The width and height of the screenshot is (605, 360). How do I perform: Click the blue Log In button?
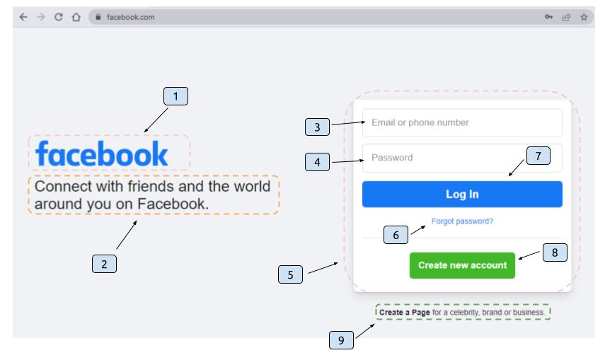tap(462, 194)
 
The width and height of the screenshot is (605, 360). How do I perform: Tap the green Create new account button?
tap(462, 265)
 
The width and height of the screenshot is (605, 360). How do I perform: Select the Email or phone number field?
tap(462, 122)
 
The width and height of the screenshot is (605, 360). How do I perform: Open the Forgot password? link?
tap(462, 221)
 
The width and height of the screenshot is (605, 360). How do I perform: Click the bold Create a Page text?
tap(404, 312)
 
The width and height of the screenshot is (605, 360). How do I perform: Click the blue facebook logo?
tap(101, 153)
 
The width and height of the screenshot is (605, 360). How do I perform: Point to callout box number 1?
tap(175, 96)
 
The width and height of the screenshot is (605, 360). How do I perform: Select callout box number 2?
tap(104, 264)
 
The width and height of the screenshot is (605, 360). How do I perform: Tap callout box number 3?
tap(317, 127)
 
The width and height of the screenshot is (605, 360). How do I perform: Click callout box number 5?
tap(290, 274)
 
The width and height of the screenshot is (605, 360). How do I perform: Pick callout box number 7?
tap(538, 156)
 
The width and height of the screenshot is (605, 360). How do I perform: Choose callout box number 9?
tap(341, 340)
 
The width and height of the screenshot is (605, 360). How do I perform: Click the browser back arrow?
tap(23, 17)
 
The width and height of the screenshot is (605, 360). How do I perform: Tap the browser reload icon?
tap(58, 17)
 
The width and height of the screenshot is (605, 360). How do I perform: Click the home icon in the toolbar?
tap(76, 17)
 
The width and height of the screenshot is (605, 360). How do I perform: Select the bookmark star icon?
tap(584, 17)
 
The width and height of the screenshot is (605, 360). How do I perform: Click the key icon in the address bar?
tap(548, 17)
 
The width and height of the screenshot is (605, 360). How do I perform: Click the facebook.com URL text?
tap(130, 17)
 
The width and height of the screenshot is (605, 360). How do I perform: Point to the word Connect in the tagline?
tap(63, 187)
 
